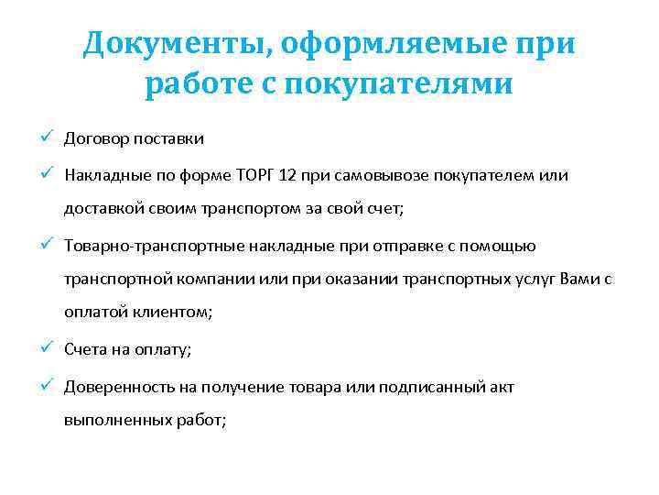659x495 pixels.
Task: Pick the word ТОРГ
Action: pyautogui.click(x=268, y=174)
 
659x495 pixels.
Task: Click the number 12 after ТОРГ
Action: pyautogui.click(x=301, y=174)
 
